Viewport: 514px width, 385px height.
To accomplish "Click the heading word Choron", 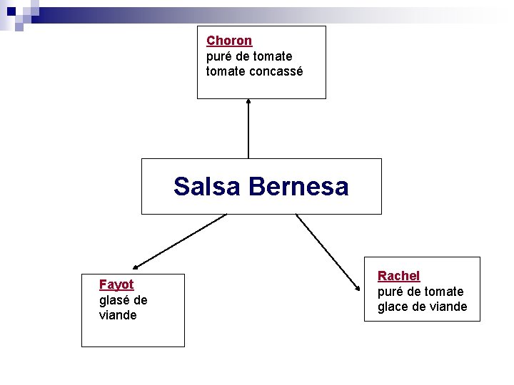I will click(229, 41).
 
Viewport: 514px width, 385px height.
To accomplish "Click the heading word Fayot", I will click(116, 284).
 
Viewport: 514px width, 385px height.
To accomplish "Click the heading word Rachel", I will click(398, 276).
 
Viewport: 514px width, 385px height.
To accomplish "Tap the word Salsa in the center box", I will click(208, 187).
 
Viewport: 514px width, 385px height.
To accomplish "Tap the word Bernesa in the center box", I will click(299, 187).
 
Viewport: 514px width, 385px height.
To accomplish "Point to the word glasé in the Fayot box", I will click(115, 299).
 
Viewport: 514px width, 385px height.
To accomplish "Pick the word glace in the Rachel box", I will click(393, 307).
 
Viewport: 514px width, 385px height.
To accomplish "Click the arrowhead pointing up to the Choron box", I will click(248, 102).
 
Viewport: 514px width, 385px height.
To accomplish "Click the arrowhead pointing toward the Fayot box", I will click(135, 265).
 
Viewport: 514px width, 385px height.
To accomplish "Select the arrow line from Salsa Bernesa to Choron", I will click(248, 132).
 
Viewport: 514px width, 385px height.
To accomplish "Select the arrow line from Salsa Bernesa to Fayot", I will click(182, 238).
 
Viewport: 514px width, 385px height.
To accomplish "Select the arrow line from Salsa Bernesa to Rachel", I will click(327, 251).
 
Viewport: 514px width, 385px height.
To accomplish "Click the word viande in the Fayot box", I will click(118, 315).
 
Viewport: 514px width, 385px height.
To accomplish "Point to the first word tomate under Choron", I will click(272, 56).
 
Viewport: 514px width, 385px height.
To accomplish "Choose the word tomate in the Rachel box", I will click(443, 292).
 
